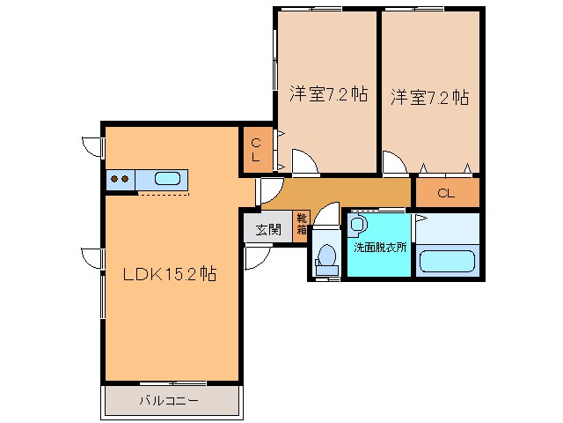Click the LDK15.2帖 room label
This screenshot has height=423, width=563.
click(170, 274)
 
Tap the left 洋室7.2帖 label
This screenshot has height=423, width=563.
click(327, 95)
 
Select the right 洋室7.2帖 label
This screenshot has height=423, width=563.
click(429, 96)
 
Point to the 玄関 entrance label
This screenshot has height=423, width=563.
click(268, 229)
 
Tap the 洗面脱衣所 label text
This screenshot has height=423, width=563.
click(380, 248)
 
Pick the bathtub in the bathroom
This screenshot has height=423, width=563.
click(447, 262)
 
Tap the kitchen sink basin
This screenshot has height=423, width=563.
click(169, 179)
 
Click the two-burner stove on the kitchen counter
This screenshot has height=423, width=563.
click(120, 179)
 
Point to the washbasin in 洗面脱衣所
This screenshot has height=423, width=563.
click(356, 224)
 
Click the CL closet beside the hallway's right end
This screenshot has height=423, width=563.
click(446, 193)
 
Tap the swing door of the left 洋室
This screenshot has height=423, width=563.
click(303, 162)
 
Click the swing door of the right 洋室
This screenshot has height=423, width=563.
click(391, 163)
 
